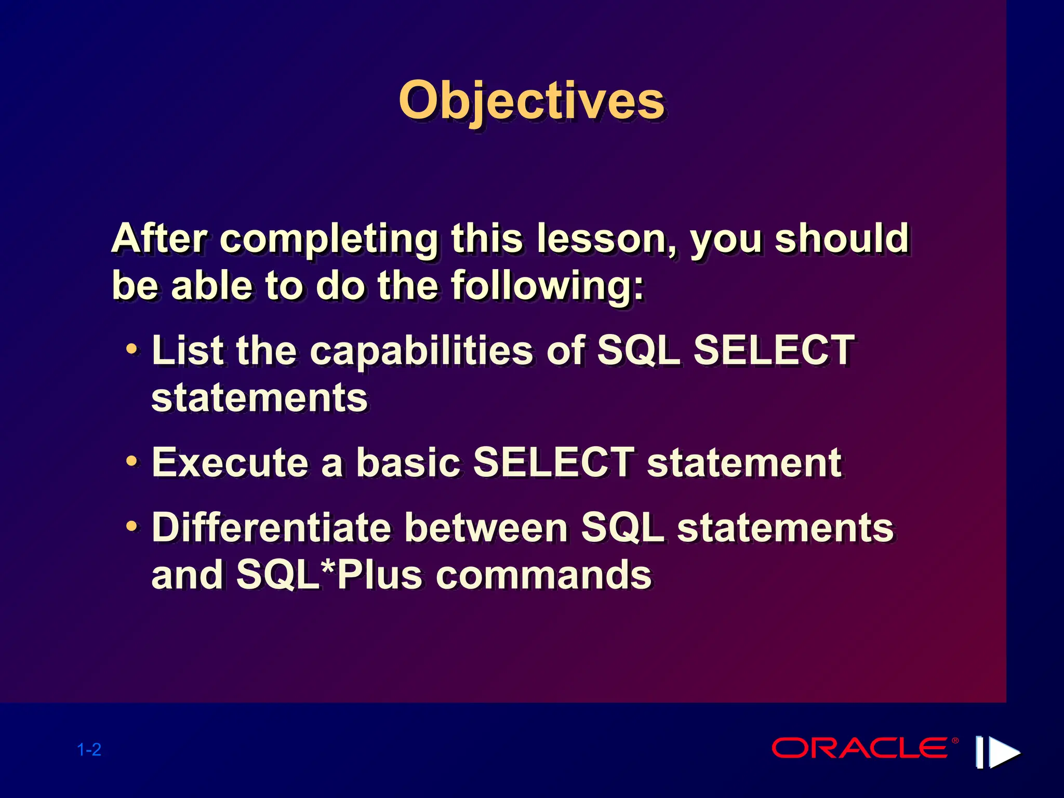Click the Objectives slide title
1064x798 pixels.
(x=531, y=101)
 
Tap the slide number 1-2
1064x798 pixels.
(x=89, y=750)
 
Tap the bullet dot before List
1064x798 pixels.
(x=132, y=349)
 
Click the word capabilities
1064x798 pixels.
(x=421, y=351)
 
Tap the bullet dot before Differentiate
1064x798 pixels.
(x=132, y=526)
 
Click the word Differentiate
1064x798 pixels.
(x=271, y=528)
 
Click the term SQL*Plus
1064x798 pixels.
(x=329, y=575)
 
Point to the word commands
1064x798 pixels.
(x=543, y=575)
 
